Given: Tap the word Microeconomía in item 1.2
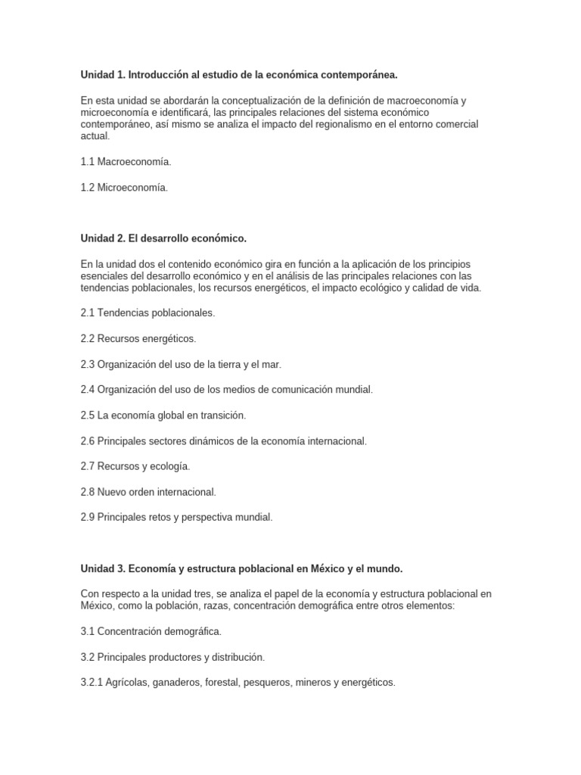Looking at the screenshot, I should tap(132, 188).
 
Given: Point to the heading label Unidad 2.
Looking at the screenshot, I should tap(103, 238).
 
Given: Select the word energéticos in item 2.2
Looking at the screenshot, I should tap(169, 338).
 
